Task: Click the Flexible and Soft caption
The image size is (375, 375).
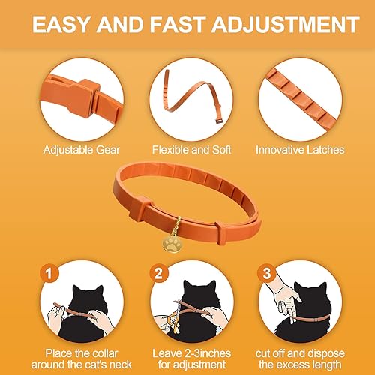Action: pyautogui.click(x=187, y=150)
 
